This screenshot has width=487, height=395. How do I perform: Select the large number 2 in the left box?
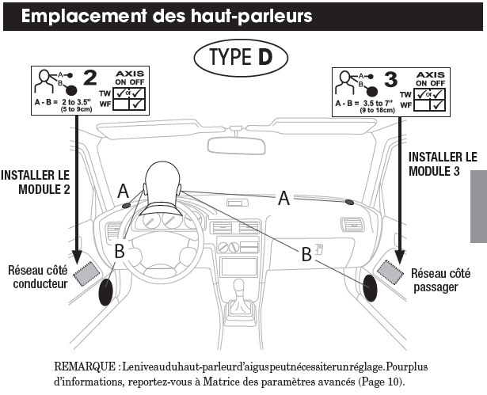89,78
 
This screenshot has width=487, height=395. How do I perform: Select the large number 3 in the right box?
389,78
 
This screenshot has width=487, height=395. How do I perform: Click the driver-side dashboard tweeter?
127,207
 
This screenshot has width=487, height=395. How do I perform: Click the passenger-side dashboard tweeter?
349,202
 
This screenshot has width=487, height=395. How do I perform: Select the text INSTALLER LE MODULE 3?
443,165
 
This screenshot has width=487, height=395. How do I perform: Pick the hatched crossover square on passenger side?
390,270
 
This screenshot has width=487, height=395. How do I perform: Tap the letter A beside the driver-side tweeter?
122,190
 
